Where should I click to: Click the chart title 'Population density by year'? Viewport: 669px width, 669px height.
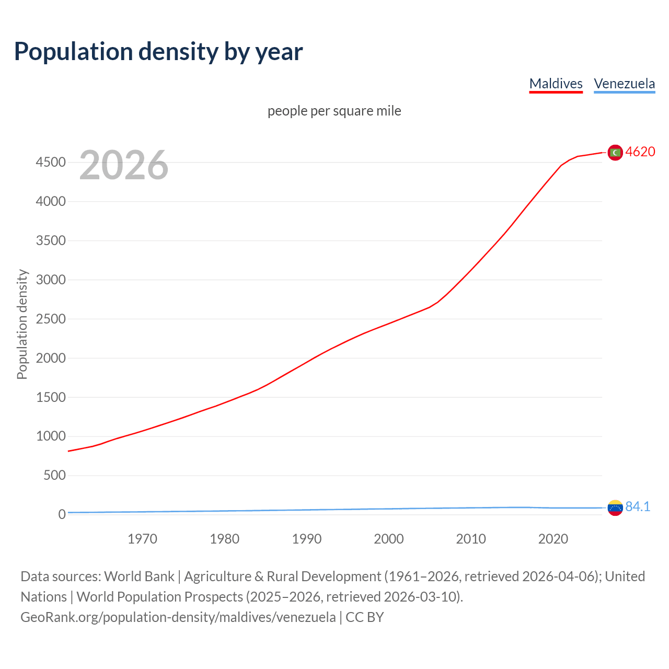(158, 52)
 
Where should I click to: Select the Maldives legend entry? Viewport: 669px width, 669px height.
(556, 84)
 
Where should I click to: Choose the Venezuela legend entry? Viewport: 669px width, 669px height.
(624, 84)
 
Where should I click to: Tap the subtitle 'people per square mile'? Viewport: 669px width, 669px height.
(334, 111)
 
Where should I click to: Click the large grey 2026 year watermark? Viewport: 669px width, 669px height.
(124, 165)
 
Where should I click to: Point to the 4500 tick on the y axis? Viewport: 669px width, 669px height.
(51, 163)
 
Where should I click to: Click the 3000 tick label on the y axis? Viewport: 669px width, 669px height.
(51, 280)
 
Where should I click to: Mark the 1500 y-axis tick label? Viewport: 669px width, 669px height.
(51, 397)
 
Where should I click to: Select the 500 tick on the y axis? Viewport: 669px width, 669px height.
(54, 475)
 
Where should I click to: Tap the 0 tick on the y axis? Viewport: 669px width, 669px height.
(62, 515)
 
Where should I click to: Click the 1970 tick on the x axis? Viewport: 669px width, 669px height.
(142, 539)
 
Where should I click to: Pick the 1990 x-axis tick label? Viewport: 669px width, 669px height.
(306, 539)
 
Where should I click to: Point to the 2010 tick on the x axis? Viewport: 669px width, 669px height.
(471, 539)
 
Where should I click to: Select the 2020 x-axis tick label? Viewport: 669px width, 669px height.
(553, 539)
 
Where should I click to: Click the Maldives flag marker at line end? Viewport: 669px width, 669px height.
(615, 152)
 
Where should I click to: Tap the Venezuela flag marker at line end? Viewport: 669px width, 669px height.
(615, 507)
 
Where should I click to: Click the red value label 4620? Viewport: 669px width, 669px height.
(640, 152)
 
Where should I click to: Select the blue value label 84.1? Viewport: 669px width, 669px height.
(638, 506)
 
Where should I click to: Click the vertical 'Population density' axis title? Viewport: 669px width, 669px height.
(22, 324)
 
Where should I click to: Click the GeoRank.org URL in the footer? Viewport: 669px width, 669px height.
(178, 617)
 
